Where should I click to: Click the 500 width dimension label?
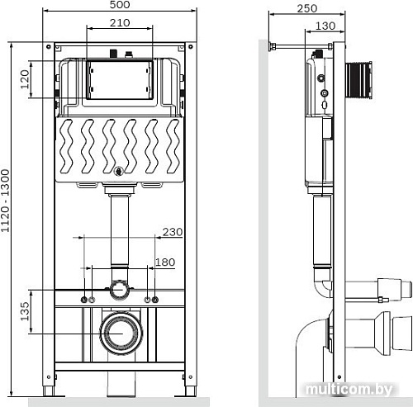point(120,5)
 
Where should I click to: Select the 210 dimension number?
point(120,22)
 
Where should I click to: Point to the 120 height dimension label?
point(25,79)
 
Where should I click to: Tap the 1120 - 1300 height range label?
point(5,201)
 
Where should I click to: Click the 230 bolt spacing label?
point(173,232)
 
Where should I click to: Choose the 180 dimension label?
point(165,262)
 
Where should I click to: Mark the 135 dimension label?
point(25,311)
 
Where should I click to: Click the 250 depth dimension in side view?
point(307,8)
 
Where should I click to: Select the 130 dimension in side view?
point(325,26)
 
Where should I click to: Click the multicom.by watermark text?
point(349,389)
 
